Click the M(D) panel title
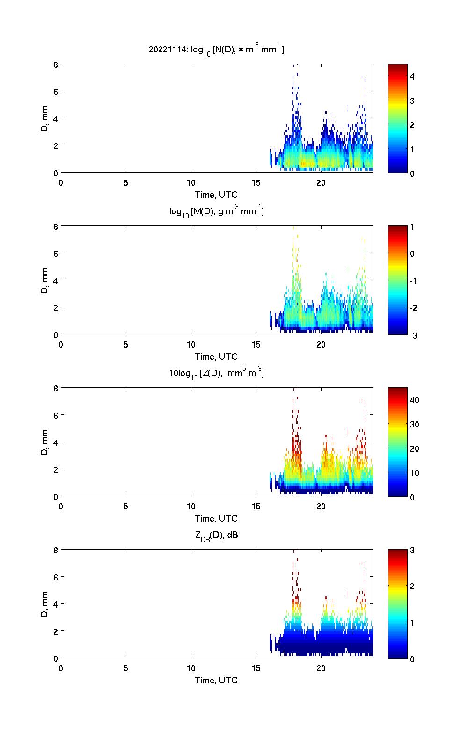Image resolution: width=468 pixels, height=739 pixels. click(x=216, y=211)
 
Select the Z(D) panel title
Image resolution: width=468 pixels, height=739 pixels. click(x=216, y=373)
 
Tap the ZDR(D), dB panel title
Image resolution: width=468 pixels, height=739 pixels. click(x=216, y=535)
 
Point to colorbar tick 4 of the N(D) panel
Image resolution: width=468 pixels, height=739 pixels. click(x=412, y=76)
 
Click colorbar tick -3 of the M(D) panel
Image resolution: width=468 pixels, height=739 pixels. click(x=412, y=335)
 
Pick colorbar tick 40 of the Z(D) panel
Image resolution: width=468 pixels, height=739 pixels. click(x=414, y=400)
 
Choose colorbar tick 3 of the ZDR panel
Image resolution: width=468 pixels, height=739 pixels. click(x=412, y=551)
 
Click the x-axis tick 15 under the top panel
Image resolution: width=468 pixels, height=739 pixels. click(x=256, y=183)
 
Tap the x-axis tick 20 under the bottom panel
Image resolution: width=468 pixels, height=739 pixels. click(x=321, y=668)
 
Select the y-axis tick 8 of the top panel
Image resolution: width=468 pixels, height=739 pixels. click(x=55, y=65)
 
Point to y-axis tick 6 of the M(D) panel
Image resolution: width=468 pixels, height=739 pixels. click(x=55, y=253)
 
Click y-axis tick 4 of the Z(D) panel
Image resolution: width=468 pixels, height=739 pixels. click(x=55, y=442)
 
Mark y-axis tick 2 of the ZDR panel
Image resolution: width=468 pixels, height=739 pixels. click(x=55, y=631)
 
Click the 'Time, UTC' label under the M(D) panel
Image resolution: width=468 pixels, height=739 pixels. click(x=216, y=356)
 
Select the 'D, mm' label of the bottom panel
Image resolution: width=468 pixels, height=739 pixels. click(x=44, y=604)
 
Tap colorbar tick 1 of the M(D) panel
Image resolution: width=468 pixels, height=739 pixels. click(x=412, y=227)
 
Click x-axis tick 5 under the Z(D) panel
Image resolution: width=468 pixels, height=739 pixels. click(x=126, y=507)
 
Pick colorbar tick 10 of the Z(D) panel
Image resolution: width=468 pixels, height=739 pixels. click(x=414, y=473)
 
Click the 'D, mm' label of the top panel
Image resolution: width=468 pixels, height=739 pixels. click(x=44, y=119)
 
